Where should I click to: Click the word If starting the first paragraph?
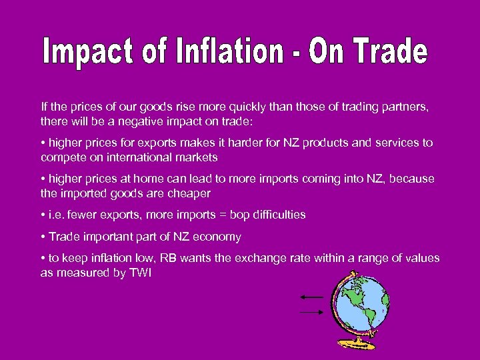coord(44,107)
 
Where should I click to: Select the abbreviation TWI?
coord(141,273)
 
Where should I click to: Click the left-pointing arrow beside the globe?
coord(311,297)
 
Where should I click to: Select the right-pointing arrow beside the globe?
coord(311,311)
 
